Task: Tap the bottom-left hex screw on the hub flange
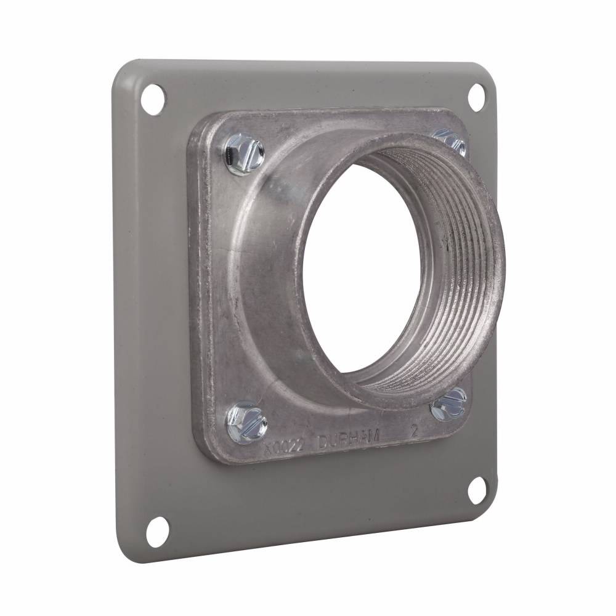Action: pyautogui.click(x=246, y=421)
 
